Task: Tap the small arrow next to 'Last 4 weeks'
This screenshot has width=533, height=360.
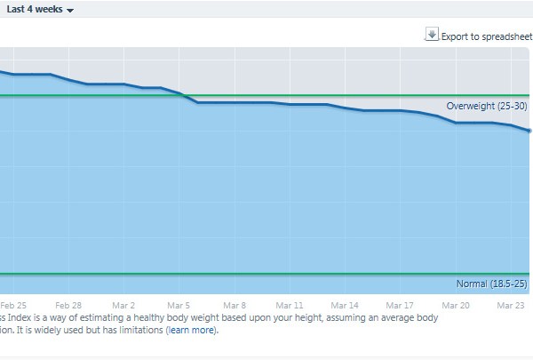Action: [70, 10]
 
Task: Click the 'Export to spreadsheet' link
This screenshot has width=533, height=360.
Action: [485, 36]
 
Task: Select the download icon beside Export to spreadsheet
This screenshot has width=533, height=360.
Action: [432, 35]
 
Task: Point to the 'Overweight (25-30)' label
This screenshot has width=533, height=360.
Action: [487, 107]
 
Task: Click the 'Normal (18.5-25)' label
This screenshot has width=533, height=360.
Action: [492, 284]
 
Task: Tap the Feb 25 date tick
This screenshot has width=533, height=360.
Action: [13, 304]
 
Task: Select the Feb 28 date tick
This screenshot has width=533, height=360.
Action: [68, 304]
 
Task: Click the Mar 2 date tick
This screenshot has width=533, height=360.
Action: [123, 304]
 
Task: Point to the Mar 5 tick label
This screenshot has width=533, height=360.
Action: [179, 304]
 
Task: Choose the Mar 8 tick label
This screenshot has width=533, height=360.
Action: [235, 304]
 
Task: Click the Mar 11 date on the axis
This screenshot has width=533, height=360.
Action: [290, 304]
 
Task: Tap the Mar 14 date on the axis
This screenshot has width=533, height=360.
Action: [346, 304]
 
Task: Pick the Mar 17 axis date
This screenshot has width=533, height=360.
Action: [401, 304]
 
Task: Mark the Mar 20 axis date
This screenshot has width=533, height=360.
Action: [456, 304]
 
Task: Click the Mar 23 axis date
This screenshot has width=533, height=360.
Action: [511, 304]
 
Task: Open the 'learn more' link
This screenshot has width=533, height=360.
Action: [191, 331]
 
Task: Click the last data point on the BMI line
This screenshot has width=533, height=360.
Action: [529, 131]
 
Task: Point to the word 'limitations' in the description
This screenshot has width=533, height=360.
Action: [138, 331]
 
